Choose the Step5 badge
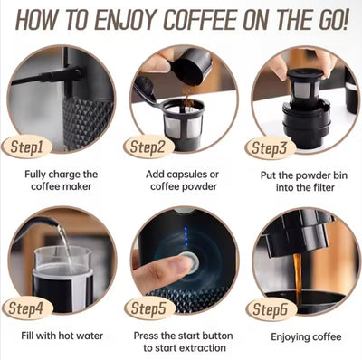coord(148,308)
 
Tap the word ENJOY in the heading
coord(110,19)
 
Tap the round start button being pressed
coord(186,263)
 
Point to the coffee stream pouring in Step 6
coord(296,271)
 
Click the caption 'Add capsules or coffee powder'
coord(180,179)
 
